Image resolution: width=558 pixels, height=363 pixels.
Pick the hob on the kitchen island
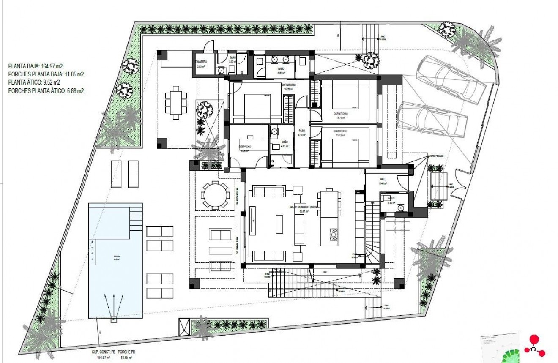click(x=333, y=234)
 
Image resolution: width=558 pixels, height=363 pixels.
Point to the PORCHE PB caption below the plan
click(x=126, y=352)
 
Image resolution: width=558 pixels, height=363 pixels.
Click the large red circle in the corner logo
click(x=535, y=339)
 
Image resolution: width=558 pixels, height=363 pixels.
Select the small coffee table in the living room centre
click(x=279, y=224)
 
